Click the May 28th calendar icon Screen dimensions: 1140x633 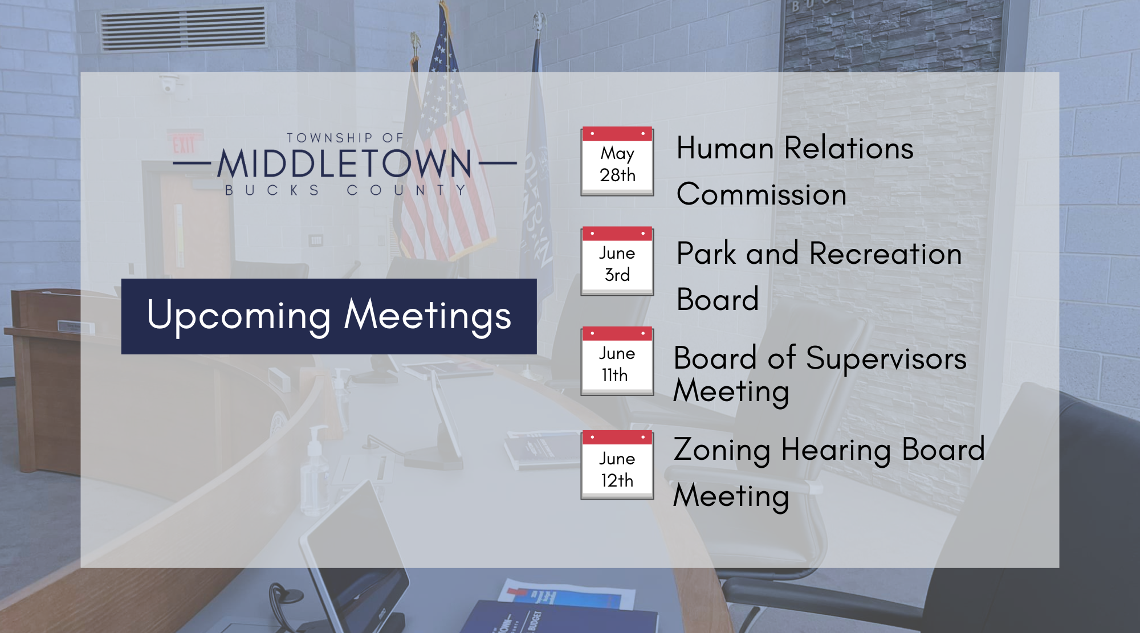617,161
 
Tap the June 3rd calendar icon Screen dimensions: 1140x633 617,261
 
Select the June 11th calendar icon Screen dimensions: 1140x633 617,361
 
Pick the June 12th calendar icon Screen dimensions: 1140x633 617,465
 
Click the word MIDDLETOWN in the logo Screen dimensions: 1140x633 345,164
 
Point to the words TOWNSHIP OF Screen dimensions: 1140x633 345,138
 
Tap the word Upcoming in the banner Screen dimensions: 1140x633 239,316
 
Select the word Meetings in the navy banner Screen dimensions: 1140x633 427,316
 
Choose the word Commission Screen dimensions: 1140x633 762,194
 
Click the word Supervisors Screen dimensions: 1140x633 886,360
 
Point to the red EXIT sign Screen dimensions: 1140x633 184,144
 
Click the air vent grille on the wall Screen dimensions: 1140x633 184,28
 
